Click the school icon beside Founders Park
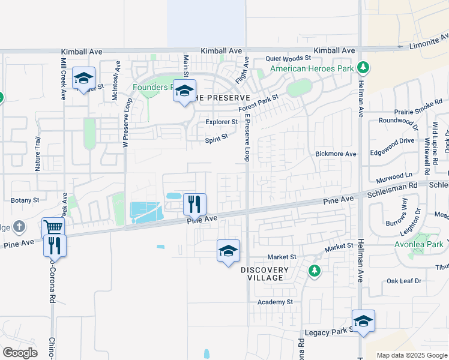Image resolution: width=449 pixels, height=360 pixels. [x=185, y=91]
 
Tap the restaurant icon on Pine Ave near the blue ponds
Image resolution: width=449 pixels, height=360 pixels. [x=194, y=204]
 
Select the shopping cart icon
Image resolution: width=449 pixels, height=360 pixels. [x=53, y=228]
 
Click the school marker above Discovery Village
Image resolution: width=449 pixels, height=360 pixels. [x=228, y=251]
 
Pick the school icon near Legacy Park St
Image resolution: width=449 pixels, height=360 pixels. [x=363, y=321]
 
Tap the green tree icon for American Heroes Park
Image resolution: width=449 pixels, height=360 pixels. [x=363, y=67]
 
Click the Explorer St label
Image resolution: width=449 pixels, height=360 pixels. [x=221, y=122]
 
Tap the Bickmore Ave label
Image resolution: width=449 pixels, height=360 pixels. [x=336, y=154]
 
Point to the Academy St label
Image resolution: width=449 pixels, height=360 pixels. [x=274, y=302]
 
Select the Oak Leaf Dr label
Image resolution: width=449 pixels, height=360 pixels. [x=405, y=281]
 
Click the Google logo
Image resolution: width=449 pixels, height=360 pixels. [x=20, y=353]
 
